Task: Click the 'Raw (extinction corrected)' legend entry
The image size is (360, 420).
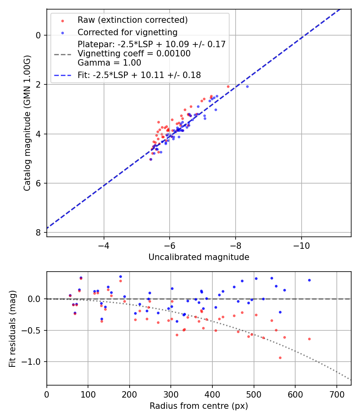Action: pyautogui.click(x=132, y=20)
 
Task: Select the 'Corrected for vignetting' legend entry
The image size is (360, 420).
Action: pyautogui.click(x=127, y=32)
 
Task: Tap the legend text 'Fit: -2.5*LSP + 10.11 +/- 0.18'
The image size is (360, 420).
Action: pyautogui.click(x=139, y=75)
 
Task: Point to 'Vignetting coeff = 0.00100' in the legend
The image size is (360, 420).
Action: pyautogui.click(x=134, y=53)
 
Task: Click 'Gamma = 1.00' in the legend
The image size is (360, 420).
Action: pyautogui.click(x=109, y=62)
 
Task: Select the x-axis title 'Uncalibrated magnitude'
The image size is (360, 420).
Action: pyautogui.click(x=199, y=257)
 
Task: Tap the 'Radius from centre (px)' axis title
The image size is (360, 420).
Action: pyautogui.click(x=199, y=406)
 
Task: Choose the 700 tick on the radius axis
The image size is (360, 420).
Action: pyautogui.click(x=336, y=394)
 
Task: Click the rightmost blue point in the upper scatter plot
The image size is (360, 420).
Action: pyautogui.click(x=247, y=86)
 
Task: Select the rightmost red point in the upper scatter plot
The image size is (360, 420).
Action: pyautogui.click(x=228, y=86)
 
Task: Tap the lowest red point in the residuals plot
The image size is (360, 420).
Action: pyautogui.click(x=280, y=358)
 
